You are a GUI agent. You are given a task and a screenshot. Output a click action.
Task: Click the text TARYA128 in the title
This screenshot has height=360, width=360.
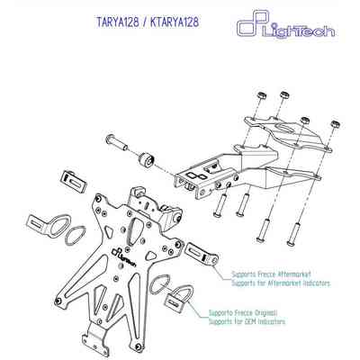click(118, 22)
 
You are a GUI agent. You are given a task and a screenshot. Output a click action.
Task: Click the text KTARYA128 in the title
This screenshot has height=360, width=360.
click(175, 22)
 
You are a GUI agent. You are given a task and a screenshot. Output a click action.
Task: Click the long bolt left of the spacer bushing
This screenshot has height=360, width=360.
click(116, 142)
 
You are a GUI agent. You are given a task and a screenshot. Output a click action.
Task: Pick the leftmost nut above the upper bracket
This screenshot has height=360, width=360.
click(262, 96)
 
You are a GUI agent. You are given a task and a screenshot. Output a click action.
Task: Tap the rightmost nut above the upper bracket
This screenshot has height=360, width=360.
click(335, 124)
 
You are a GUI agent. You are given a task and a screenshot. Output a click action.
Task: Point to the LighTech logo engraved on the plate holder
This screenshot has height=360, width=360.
click(123, 256)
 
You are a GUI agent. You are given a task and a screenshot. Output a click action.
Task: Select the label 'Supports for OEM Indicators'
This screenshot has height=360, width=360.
click(247, 322)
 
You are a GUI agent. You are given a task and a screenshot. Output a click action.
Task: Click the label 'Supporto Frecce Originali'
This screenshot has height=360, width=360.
click(243, 313)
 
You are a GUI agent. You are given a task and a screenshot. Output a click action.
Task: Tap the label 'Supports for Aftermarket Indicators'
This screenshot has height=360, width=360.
click(281, 283)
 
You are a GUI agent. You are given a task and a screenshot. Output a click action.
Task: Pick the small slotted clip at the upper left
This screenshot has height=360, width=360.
click(74, 181)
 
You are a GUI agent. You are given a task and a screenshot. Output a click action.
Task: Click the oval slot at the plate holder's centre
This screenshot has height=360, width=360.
click(134, 232)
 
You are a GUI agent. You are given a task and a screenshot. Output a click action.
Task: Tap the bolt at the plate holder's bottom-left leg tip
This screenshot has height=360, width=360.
click(58, 301)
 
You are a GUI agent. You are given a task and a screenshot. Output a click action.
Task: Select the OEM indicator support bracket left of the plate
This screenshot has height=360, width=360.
click(48, 225)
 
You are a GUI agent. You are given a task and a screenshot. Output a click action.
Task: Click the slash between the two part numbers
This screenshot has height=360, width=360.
click(145, 22)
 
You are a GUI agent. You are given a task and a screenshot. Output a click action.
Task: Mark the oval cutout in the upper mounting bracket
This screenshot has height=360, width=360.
click(286, 127)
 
